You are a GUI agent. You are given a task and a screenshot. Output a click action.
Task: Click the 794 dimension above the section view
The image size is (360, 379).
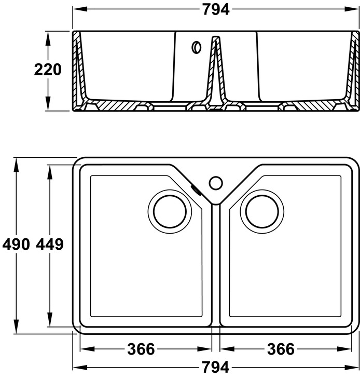tap(216, 10)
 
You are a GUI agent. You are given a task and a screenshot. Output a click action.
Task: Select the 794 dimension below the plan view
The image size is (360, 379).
tap(216, 368)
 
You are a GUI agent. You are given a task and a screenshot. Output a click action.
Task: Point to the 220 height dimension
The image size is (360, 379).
tap(48, 70)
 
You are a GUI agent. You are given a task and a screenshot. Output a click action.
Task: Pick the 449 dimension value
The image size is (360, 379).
tap(50, 245)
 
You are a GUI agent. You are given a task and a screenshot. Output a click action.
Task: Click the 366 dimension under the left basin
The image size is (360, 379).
tap(141, 349)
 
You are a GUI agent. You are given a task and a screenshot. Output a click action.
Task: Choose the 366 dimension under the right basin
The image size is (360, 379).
tap(281, 349)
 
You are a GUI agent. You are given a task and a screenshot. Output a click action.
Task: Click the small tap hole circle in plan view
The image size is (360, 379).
tap(216, 183)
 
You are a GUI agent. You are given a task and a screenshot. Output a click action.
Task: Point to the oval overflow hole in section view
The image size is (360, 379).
tap(196, 47)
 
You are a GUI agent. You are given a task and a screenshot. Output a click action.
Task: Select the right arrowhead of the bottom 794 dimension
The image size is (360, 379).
tap(355, 368)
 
